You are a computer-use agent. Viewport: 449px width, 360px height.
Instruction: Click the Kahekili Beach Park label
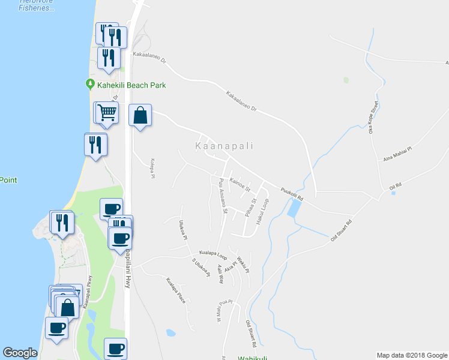click(131, 85)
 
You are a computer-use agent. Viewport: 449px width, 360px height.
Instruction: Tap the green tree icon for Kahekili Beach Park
click(90, 85)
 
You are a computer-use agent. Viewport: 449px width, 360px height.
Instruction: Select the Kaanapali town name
click(224, 146)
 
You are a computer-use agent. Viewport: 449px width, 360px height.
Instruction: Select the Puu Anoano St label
click(223, 196)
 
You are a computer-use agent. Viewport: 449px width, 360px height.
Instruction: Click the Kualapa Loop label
click(213, 254)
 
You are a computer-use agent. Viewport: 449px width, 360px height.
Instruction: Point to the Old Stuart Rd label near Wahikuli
click(250, 335)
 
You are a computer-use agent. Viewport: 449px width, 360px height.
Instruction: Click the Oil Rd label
click(394, 187)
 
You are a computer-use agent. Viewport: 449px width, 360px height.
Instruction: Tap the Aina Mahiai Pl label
click(397, 154)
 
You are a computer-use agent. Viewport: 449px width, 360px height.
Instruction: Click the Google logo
click(20, 353)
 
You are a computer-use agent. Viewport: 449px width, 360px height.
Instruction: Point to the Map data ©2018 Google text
click(411, 355)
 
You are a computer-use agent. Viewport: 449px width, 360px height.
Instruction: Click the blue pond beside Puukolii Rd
click(294, 208)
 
